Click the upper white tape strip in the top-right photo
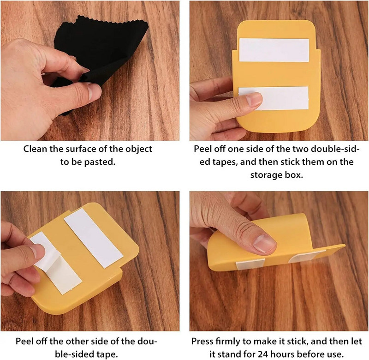[x=274, y=50]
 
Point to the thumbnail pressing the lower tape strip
[x=255, y=99]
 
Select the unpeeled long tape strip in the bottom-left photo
[x=94, y=238]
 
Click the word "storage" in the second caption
[x=267, y=175]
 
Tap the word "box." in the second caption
[x=294, y=175]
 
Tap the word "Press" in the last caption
[x=202, y=341]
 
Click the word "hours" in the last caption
[x=282, y=354]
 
